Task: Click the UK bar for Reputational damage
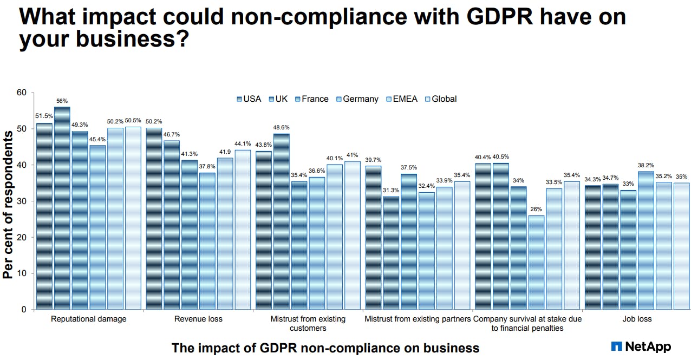(x=62, y=208)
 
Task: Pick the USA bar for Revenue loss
(x=154, y=219)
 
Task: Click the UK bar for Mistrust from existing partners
(x=391, y=253)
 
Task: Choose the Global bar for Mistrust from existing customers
(x=352, y=235)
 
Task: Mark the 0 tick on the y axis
(x=24, y=310)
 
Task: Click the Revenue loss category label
(x=198, y=319)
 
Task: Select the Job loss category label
(x=637, y=319)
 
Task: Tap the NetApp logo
(x=641, y=346)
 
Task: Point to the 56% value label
(x=62, y=101)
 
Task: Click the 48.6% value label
(x=282, y=128)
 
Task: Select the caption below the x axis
(x=325, y=348)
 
